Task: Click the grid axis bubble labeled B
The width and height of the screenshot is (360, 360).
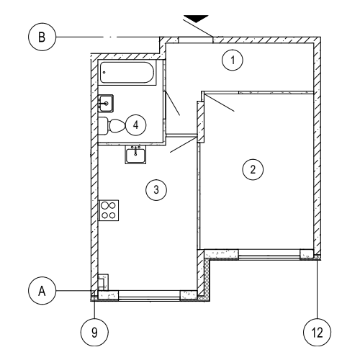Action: pos(42,37)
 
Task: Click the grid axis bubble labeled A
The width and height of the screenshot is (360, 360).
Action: pos(42,291)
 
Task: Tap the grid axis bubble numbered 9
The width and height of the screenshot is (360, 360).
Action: pos(94,333)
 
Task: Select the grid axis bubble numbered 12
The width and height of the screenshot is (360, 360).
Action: pos(318,333)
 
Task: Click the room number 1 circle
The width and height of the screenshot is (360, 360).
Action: pos(233,60)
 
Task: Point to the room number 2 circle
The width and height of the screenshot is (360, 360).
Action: pos(253,169)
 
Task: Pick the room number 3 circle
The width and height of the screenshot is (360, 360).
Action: pos(156,189)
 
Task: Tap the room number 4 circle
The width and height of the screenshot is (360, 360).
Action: pos(136,125)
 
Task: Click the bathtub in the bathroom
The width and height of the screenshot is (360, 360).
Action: pos(127,73)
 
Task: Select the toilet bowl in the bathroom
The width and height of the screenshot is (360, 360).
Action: pos(117,126)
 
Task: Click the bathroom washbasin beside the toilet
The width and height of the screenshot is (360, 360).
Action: pos(106,103)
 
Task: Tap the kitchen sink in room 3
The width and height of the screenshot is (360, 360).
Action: pos(135,155)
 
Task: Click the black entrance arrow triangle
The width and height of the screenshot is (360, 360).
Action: pos(197,19)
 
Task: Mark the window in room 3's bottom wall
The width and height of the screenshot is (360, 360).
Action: pos(149,295)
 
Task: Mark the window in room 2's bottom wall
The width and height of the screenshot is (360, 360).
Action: pos(269,254)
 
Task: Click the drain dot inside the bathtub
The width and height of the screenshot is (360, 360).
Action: pos(104,72)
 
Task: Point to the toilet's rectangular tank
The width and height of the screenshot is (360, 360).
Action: pos(104,126)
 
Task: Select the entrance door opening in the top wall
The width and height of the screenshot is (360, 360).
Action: pos(196,40)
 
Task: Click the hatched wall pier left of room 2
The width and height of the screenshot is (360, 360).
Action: pos(201,122)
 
